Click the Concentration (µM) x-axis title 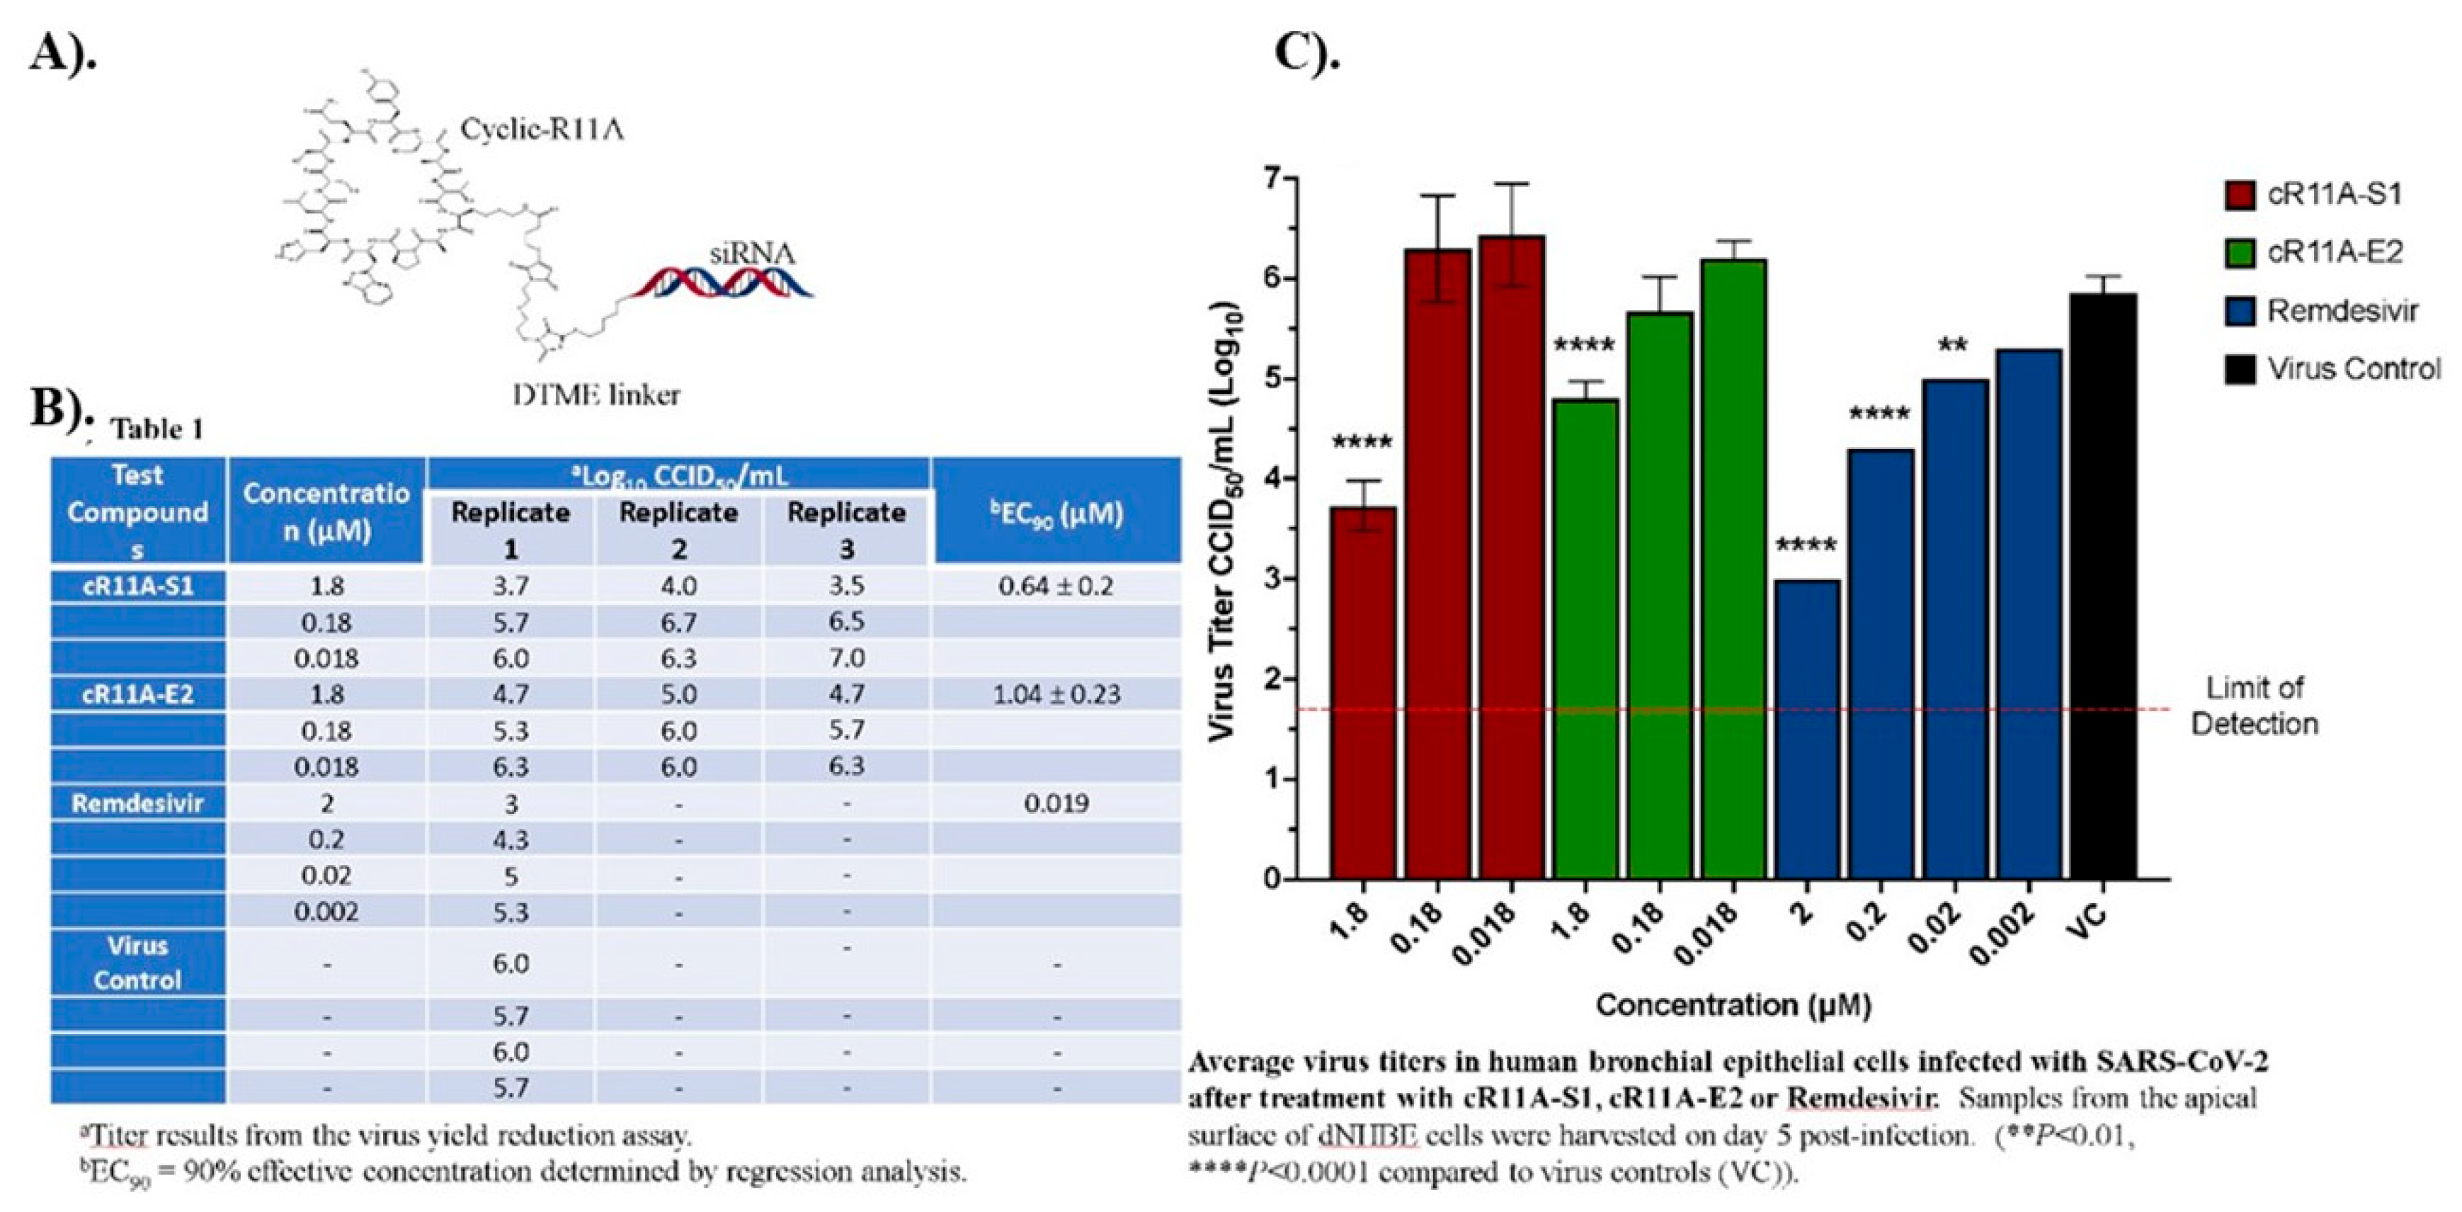1733,1004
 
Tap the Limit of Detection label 2254,706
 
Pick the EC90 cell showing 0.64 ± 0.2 1056,586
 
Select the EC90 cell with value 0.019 1056,803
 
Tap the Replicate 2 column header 678,530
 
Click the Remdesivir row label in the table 137,803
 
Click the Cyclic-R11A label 542,129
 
